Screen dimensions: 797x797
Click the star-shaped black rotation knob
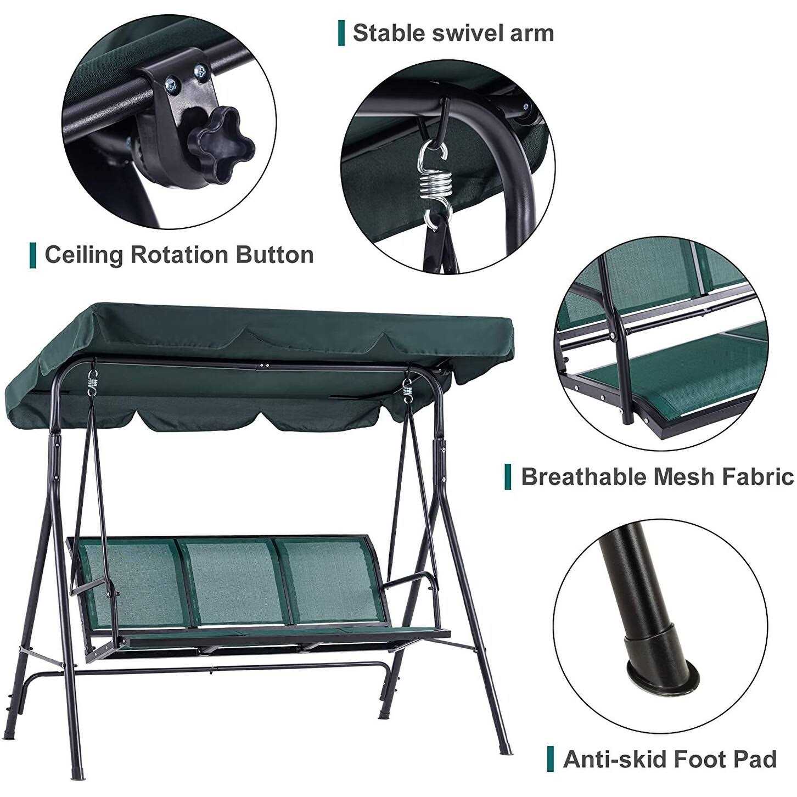pyautogui.click(x=220, y=143)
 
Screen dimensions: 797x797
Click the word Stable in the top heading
pyautogui.click(x=388, y=33)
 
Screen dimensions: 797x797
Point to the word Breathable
pyautogui.click(x=583, y=476)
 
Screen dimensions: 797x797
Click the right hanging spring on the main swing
pyautogui.click(x=409, y=391)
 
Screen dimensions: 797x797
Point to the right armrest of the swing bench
pyautogui.click(x=409, y=578)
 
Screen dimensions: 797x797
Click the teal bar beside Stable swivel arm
pyautogui.click(x=341, y=33)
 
